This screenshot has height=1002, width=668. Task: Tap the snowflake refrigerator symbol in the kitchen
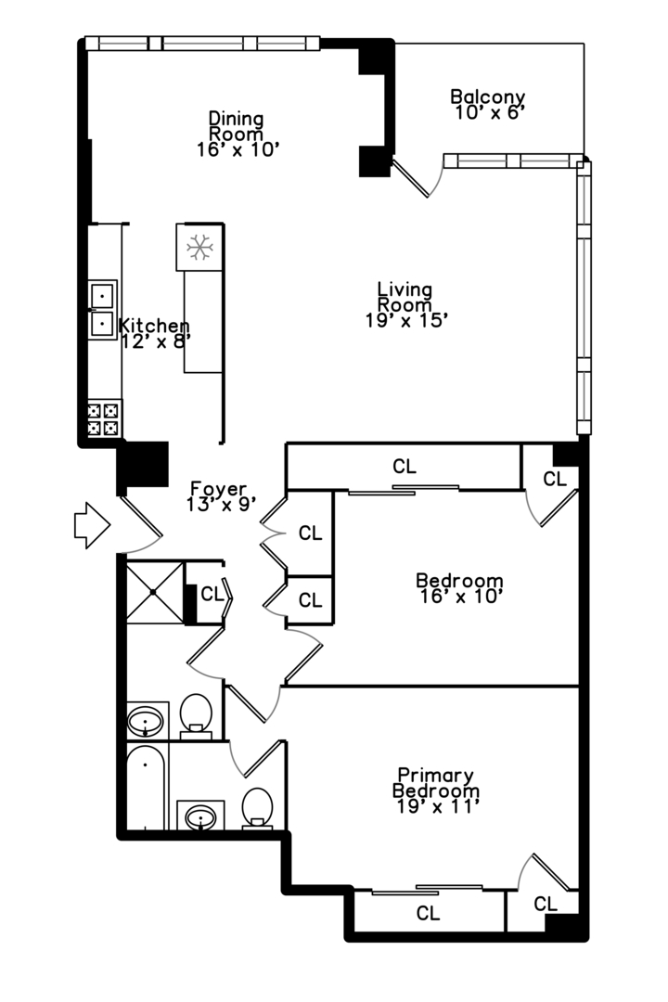pyautogui.click(x=199, y=248)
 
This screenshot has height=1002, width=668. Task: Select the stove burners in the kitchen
pyautogui.click(x=104, y=418)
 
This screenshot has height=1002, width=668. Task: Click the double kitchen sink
pyautogui.click(x=102, y=310)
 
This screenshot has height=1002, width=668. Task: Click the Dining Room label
pyautogui.click(x=236, y=126)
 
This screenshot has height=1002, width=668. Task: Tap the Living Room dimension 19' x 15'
pyautogui.click(x=405, y=321)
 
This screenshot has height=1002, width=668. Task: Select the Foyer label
pyautogui.click(x=219, y=489)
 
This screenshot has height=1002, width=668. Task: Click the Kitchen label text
pyautogui.click(x=154, y=326)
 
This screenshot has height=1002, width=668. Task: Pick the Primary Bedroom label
pyautogui.click(x=436, y=783)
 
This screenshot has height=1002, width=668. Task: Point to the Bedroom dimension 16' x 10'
pyautogui.click(x=459, y=597)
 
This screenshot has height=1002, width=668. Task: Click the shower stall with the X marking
pyautogui.click(x=155, y=592)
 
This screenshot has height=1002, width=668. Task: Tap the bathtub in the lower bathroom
pyautogui.click(x=147, y=788)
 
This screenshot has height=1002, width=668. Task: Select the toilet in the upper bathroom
pyautogui.click(x=197, y=715)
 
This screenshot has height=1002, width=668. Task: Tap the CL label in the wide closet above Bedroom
pyautogui.click(x=405, y=467)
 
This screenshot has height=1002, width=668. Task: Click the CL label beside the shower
pyautogui.click(x=212, y=595)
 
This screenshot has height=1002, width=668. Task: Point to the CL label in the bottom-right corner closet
pyautogui.click(x=546, y=905)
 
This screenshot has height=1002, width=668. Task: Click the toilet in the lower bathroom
pyautogui.click(x=258, y=809)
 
